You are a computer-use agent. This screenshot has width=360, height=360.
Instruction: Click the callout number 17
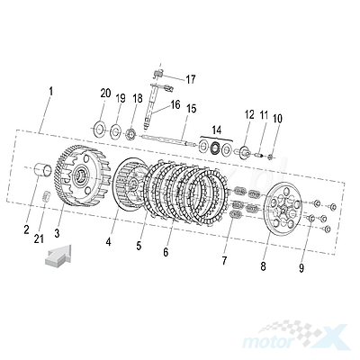190,79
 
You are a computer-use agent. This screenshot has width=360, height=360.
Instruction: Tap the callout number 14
216,130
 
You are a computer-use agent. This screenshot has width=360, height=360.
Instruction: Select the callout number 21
39,238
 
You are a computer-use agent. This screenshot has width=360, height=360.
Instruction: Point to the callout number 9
301,268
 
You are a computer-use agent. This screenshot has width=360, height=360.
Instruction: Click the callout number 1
51,91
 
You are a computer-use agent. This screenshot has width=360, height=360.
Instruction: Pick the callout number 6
166,252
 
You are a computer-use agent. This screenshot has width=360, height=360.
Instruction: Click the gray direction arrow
58,256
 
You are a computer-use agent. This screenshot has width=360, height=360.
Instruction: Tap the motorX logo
295,337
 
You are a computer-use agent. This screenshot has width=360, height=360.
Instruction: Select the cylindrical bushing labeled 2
43,171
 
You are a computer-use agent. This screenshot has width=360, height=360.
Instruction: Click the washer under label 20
99,130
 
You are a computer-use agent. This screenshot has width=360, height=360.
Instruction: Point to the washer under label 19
115,131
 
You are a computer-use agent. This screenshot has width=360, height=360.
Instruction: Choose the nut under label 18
130,133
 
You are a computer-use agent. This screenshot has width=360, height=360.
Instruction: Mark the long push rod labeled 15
167,140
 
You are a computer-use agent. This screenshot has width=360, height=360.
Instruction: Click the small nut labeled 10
271,157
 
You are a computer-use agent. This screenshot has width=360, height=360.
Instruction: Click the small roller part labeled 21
46,196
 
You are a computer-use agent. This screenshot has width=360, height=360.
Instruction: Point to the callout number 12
249,115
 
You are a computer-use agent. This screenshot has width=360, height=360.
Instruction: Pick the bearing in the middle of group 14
215,148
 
